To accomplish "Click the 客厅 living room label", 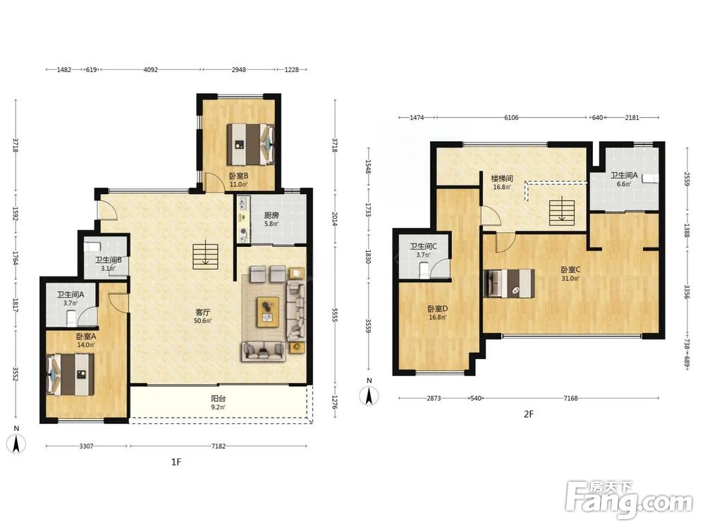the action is coord(203,312).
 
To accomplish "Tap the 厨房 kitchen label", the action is coord(271,215).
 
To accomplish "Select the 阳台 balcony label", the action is coord(219,398).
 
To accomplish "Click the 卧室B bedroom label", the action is coord(239,176).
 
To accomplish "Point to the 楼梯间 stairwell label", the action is coord(502,178).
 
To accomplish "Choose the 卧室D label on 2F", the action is coord(438,309).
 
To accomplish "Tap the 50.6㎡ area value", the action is coord(203,321).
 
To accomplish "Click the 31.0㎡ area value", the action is coord(570,279).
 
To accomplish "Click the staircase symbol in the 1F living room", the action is coord(205,255).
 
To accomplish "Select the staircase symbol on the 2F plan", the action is coord(562,212).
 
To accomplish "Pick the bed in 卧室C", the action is coord(510,283).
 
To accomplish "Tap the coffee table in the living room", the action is coord(268,312).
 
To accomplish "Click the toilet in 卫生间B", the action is coord(92,245).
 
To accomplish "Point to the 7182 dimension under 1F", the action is coord(219,446).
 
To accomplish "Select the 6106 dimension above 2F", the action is coord(511,117).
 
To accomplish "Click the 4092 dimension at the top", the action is coord(151,70).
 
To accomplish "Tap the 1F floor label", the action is coord(176,462).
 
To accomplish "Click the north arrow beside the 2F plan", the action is coord(369,396).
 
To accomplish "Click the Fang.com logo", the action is coord(629,499).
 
